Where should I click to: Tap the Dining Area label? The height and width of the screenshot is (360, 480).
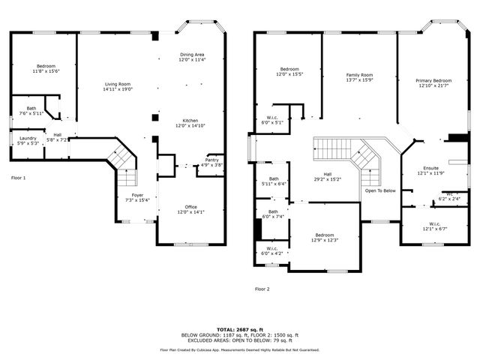point(192,57)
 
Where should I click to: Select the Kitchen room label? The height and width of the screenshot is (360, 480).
point(190,123)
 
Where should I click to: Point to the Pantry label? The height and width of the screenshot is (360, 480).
point(212,162)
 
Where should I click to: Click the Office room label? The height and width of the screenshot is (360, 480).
point(190,209)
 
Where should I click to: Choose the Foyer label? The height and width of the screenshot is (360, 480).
point(137,197)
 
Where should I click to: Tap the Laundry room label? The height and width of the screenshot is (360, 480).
point(28,140)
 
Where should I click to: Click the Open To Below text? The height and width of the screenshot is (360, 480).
point(380,190)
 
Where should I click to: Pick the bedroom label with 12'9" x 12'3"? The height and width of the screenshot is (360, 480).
point(325,237)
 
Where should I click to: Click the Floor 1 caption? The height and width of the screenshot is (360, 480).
point(18,178)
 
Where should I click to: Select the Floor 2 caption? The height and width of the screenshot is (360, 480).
point(262,289)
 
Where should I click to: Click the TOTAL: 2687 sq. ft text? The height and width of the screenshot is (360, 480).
point(240,328)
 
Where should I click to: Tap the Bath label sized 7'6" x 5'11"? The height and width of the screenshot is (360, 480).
point(31,111)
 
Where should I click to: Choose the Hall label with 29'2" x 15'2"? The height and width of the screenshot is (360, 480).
point(327,177)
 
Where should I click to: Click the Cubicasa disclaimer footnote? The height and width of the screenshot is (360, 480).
point(240,349)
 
